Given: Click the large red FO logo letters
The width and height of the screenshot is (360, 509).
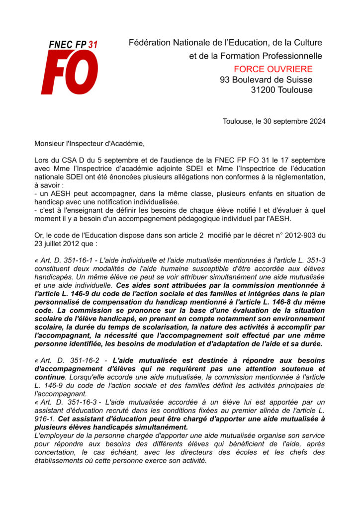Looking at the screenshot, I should pos(69,72).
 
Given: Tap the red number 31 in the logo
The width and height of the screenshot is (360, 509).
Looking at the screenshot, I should pos(92,45).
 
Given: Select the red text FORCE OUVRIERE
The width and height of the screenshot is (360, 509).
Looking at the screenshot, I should pos(273,69).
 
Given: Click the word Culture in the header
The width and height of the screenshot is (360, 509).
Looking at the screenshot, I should pos(304,43).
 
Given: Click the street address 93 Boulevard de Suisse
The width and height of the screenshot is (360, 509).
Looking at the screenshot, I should pos(266,80).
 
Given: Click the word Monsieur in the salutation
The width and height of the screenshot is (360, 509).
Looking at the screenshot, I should pos(50,144).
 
